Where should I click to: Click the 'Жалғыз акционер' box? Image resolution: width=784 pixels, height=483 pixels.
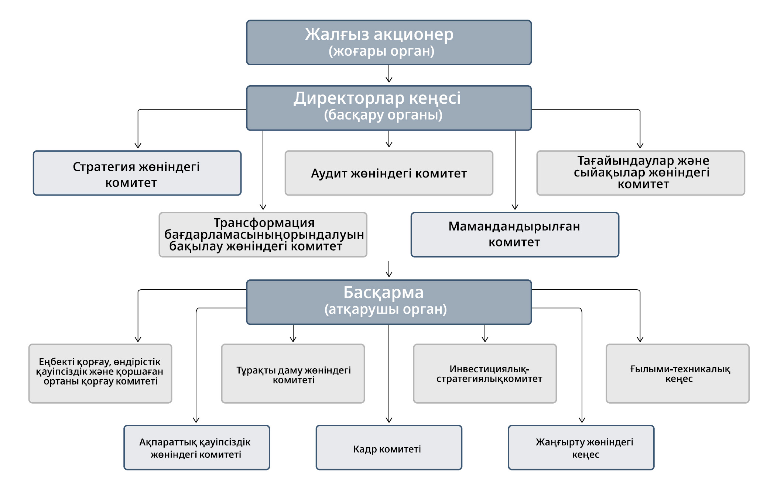point(389,42)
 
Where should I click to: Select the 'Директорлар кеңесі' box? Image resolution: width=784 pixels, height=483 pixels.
point(389,108)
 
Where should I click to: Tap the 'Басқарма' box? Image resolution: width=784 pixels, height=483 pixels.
point(389,302)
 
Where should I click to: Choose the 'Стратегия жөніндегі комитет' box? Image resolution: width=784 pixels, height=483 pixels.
point(137,173)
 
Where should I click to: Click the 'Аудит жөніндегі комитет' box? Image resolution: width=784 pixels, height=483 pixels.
point(389,173)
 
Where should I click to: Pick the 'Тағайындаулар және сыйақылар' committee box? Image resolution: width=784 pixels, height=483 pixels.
point(641,173)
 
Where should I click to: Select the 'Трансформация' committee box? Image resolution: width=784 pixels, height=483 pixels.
point(263,234)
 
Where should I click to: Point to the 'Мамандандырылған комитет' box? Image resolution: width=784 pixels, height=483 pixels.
point(515,234)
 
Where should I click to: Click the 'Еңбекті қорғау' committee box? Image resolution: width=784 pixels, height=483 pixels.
point(100,373)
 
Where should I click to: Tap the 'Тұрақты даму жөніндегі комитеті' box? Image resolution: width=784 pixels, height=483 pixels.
point(293,373)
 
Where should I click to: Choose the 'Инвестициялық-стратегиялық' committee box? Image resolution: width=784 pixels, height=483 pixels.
point(485,373)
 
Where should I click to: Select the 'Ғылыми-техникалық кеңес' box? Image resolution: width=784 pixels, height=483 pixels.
point(678,373)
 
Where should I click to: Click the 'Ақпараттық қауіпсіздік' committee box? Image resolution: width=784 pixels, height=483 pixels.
point(197,447)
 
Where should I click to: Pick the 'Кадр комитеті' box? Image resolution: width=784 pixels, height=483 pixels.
point(389,447)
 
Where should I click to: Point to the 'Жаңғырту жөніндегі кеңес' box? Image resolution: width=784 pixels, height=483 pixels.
point(581,447)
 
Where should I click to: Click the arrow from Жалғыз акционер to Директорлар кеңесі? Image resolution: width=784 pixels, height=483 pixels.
point(389,74)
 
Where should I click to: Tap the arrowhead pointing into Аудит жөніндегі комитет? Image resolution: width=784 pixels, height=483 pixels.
point(389,144)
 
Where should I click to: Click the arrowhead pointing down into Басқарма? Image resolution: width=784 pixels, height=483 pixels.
point(389,274)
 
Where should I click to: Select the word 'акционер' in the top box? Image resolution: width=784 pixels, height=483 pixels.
point(414,35)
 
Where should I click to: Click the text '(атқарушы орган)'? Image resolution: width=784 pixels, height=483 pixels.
point(386,309)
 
